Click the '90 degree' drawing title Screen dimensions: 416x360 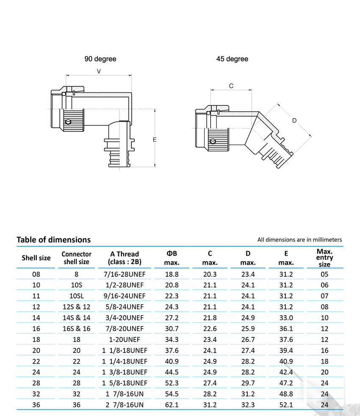point(100,59)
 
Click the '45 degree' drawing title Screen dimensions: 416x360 point(232,59)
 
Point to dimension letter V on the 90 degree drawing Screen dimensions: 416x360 point(99,72)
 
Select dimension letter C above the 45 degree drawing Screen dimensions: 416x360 point(231,86)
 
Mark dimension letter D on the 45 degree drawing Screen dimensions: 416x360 point(295,121)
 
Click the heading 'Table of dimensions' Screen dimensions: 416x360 point(53,240)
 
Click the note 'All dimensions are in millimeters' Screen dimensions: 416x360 point(299,240)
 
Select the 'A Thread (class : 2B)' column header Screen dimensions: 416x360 point(125,258)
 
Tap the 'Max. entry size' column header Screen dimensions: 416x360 point(324,258)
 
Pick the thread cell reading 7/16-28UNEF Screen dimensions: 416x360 point(125,274)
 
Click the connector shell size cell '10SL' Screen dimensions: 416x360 point(76,296)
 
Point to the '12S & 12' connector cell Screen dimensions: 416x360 point(76,307)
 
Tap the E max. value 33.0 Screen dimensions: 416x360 point(286,317)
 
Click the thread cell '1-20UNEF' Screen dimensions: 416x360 point(125,339)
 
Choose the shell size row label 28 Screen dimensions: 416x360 point(36,383)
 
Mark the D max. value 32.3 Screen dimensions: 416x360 point(248,405)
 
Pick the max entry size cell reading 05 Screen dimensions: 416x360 point(324,274)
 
